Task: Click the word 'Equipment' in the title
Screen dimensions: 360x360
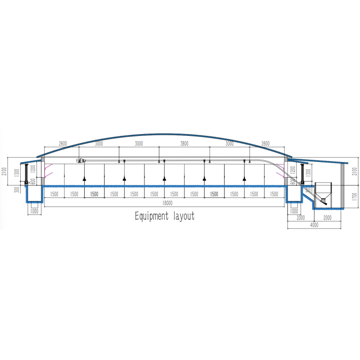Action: (x=152, y=216)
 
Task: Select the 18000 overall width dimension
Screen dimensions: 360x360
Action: (x=167, y=203)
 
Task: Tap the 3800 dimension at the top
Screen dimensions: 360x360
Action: (x=184, y=144)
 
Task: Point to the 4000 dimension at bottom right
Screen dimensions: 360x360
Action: (x=314, y=225)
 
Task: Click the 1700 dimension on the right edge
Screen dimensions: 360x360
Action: (x=355, y=197)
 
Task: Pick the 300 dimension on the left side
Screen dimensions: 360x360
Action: (x=17, y=189)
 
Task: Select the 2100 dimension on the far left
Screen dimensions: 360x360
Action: (x=4, y=171)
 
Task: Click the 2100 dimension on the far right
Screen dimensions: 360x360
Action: (x=355, y=171)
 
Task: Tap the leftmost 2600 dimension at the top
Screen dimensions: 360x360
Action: (x=63, y=144)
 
